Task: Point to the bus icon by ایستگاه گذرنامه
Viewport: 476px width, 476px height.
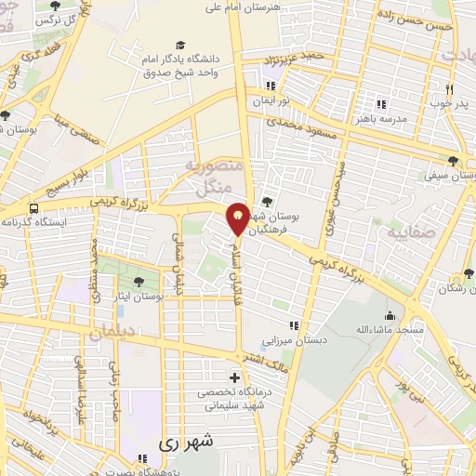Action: click(34, 208)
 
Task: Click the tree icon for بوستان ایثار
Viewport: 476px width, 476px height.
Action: click(139, 281)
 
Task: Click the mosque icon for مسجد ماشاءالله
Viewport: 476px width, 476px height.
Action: click(389, 315)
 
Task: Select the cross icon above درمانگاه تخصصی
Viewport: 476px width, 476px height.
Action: click(235, 377)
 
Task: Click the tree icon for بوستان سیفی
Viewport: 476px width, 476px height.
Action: click(453, 159)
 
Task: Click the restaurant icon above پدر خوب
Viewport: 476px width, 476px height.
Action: click(449, 89)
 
